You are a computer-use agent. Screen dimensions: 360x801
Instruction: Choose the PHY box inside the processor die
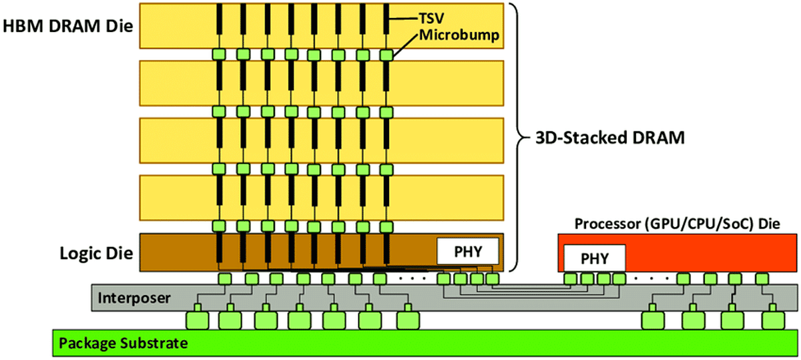point(595,258)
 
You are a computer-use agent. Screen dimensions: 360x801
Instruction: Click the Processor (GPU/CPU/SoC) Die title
point(677,222)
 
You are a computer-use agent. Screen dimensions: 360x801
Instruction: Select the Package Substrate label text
point(123,344)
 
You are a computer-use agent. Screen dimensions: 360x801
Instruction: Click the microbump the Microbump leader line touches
point(386,54)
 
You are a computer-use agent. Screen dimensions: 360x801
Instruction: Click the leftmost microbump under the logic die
point(225,279)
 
